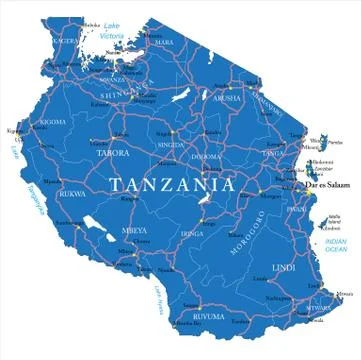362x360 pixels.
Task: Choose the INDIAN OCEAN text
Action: point(334,245)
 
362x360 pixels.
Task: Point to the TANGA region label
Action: point(271,153)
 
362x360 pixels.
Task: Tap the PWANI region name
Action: point(294,210)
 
